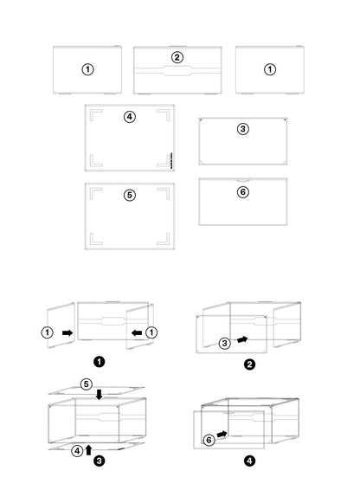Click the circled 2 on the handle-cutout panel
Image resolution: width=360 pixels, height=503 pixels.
177,58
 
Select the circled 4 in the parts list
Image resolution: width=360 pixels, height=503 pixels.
130,117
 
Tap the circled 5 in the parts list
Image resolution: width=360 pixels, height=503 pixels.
130,195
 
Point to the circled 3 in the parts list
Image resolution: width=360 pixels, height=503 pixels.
243,129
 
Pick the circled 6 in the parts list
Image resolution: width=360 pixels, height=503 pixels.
243,192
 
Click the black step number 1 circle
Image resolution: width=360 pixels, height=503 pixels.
99,362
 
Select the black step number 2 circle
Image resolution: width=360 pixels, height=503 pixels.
249,364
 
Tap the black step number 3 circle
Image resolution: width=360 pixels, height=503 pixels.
99,461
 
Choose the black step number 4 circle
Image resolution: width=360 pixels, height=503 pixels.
249,461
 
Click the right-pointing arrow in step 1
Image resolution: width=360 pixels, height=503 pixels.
67,332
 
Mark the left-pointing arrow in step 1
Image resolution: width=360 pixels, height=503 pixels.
137,332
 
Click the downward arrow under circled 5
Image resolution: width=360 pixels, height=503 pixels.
99,395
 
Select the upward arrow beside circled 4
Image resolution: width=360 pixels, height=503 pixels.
89,449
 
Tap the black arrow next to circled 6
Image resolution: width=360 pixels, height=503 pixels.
222,434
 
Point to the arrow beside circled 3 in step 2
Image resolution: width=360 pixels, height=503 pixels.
242,339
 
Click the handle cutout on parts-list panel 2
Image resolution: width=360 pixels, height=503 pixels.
177,71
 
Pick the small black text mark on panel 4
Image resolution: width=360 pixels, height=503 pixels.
171,160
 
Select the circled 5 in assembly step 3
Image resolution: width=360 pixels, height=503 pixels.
87,384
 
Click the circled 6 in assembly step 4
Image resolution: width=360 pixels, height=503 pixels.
209,440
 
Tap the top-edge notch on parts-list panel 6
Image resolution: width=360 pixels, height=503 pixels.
243,180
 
